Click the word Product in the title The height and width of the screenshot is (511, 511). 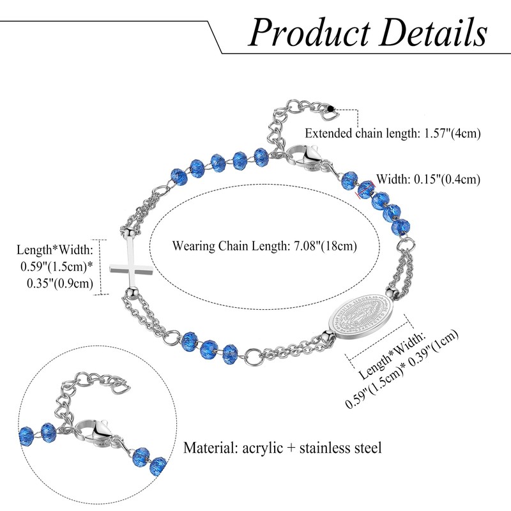pos(310,33)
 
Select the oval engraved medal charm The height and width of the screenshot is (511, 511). pos(360,318)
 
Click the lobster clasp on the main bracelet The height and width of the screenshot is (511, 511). pos(304,156)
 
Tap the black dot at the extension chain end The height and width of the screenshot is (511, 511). pos(332,109)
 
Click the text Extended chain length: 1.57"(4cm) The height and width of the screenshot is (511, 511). pos(393,133)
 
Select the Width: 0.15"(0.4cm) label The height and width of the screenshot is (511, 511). pos(428,179)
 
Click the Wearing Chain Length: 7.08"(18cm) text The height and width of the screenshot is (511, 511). pos(264,246)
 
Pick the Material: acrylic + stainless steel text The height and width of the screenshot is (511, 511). pos(282,448)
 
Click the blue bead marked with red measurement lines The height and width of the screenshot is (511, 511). pos(365,190)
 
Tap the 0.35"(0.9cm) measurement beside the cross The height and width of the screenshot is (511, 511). pos(60,283)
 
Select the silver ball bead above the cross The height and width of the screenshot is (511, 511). pos(129,233)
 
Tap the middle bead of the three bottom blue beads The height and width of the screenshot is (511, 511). pos(208,349)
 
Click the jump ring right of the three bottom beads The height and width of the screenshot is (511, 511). pos(252,356)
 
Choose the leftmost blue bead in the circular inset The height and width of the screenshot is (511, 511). pos(26,435)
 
